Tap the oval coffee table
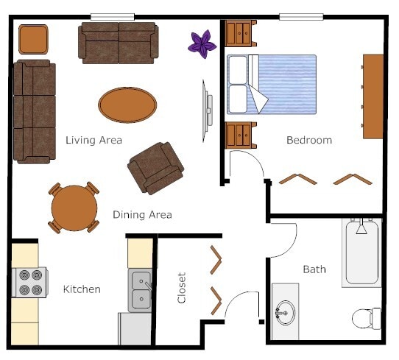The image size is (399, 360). tap(127, 105)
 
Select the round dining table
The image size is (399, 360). tap(74, 207)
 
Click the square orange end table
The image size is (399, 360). tap(33, 39)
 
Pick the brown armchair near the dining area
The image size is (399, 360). tap(155, 167)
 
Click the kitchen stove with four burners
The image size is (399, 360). tap(29, 282)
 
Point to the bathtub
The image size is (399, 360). tap(361, 252)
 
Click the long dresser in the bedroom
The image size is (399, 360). tap(372, 96)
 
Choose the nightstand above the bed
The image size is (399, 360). tap(241, 33)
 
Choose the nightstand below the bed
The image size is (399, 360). tap(241, 135)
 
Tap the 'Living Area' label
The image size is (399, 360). tap(93, 140)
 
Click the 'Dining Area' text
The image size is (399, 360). tap(142, 215)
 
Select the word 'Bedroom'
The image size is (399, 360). tap(309, 140)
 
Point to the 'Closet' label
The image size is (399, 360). tap(182, 288)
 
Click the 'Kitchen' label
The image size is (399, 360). tap(82, 289)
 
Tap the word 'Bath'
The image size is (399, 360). tap(314, 269)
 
